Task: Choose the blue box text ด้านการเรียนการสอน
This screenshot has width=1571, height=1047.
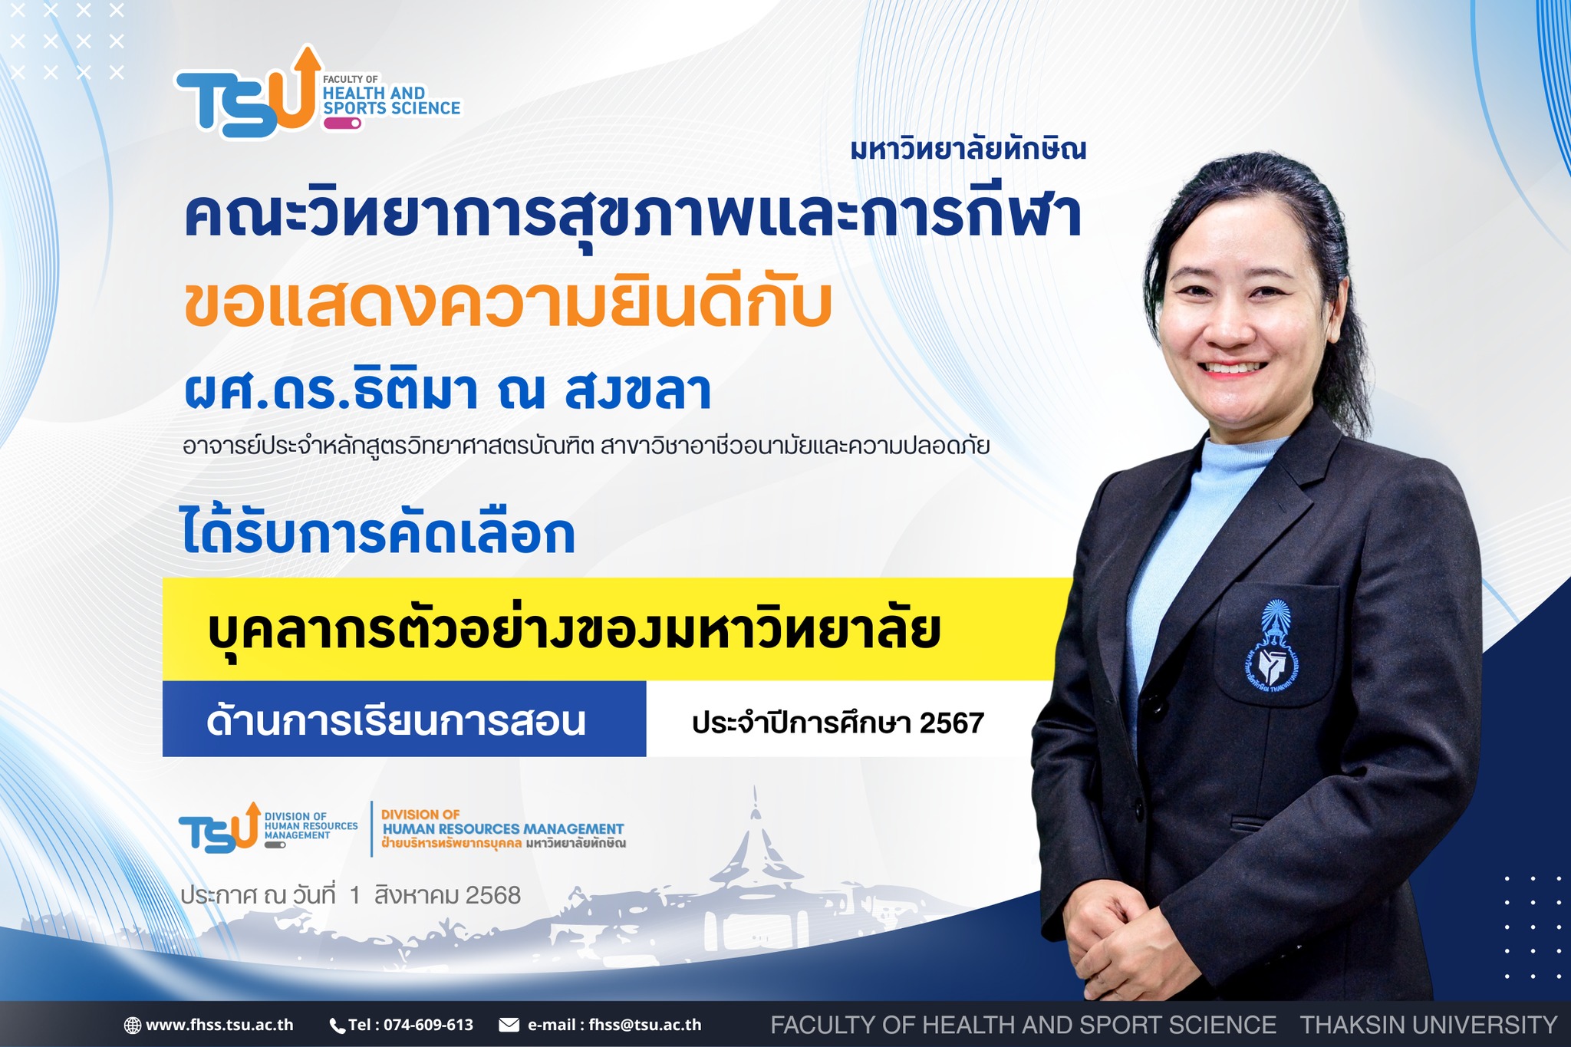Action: [x=396, y=721]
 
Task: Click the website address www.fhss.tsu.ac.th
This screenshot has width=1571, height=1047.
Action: [x=219, y=1025]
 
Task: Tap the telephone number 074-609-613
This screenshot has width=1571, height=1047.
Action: [x=428, y=1025]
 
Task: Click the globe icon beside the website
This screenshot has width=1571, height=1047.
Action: [x=133, y=1025]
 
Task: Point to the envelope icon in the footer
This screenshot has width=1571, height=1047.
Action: [x=509, y=1025]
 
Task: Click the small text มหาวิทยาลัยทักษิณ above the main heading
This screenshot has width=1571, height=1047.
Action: [x=968, y=149]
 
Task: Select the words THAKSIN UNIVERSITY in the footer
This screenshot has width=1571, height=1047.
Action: [x=1428, y=1025]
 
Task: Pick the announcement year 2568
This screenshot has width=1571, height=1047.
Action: [x=493, y=895]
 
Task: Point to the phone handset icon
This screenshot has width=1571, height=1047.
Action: [x=338, y=1026]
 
